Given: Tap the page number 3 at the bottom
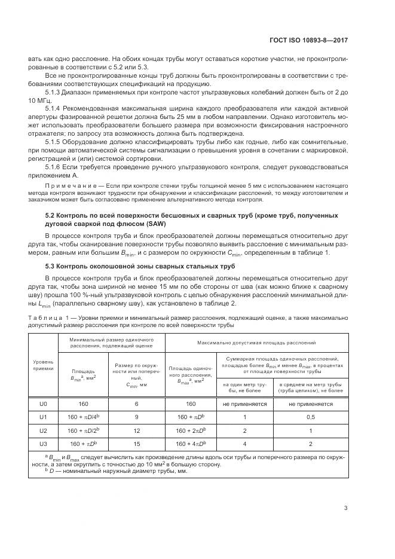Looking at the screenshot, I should tap(346, 509).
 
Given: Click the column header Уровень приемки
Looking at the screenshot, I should tap(42, 365).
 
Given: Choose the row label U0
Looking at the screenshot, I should tap(42, 404).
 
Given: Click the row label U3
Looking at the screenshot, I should tap(42, 443).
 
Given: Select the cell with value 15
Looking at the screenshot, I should tap(136, 443).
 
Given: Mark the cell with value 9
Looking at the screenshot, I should tap(136, 417).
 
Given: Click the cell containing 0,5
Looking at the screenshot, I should tap(310, 417).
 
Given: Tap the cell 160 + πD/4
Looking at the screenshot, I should tap(83, 417).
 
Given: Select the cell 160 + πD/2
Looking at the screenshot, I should tap(83, 430).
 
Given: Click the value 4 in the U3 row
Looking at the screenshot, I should tap(244, 443).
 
